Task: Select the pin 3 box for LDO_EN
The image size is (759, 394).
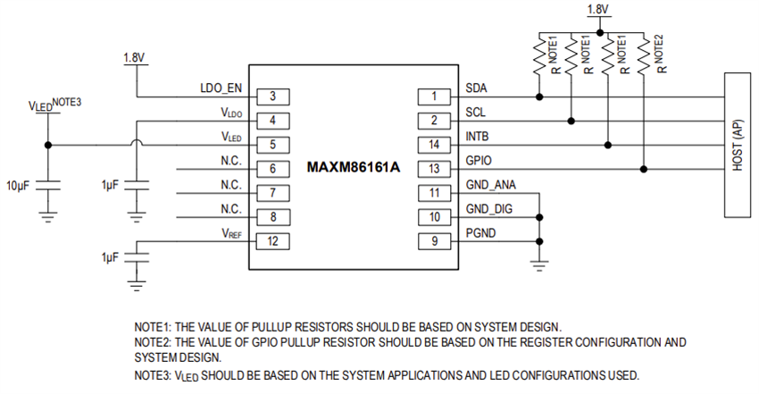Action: (x=270, y=96)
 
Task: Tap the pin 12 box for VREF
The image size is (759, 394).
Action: (x=270, y=240)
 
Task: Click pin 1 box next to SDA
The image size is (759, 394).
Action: (x=434, y=96)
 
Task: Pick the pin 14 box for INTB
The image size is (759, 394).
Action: (x=434, y=144)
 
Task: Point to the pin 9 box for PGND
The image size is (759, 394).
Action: (x=434, y=240)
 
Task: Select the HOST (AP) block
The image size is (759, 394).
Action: (x=738, y=144)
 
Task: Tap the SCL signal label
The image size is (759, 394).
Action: (x=477, y=113)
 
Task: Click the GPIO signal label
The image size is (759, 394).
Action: (x=480, y=162)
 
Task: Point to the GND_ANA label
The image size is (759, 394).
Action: (x=490, y=186)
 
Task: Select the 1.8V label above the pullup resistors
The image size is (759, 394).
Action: (x=597, y=10)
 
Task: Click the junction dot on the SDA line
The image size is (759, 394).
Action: (x=538, y=96)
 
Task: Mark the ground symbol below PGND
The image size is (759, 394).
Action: (x=538, y=264)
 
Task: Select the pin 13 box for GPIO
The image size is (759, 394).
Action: (x=434, y=168)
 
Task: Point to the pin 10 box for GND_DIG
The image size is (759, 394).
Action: (x=434, y=216)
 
